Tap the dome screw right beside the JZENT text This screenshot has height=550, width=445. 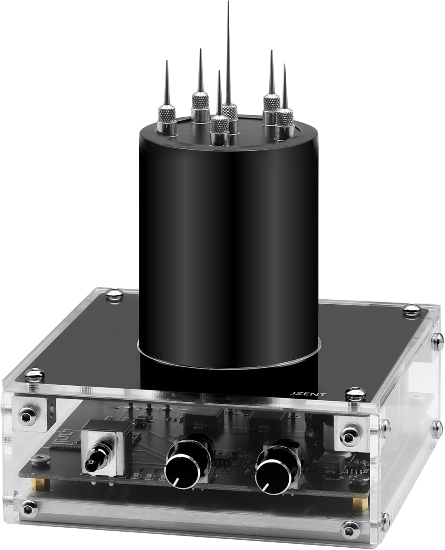click(x=353, y=393)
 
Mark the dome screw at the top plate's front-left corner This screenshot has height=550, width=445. click(x=36, y=373)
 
